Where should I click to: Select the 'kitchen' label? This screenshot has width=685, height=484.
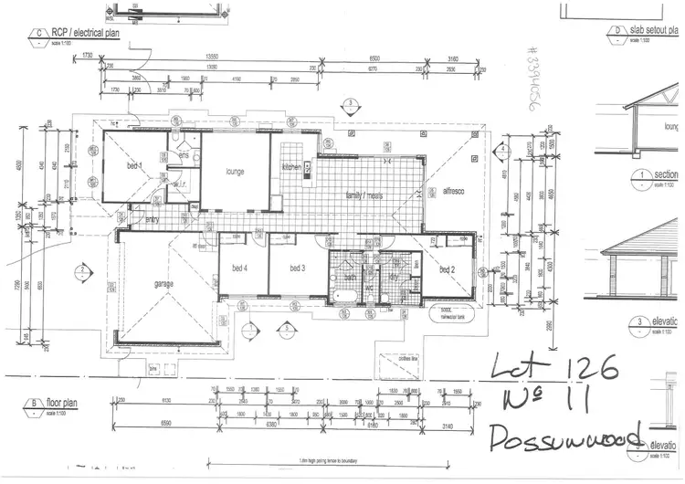click(x=291, y=167)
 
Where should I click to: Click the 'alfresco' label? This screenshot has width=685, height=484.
click(x=454, y=192)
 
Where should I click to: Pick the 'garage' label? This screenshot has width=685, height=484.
click(x=163, y=283)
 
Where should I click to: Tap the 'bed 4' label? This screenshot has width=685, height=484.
click(x=241, y=268)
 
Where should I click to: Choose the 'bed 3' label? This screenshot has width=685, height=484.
click(x=296, y=268)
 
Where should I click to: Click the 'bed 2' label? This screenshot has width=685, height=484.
click(x=446, y=269)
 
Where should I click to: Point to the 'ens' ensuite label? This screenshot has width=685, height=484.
click(x=183, y=156)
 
